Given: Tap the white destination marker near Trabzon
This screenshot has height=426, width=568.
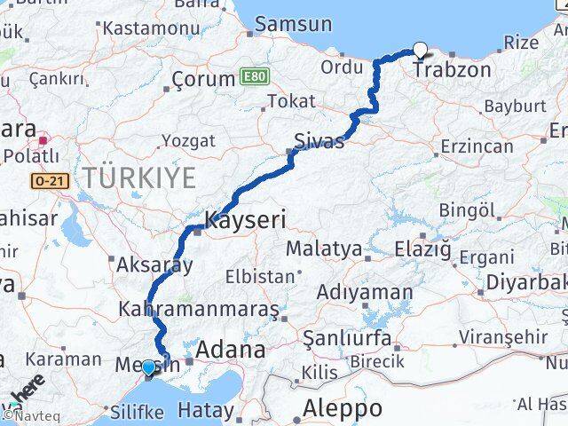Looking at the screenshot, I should click(420, 51).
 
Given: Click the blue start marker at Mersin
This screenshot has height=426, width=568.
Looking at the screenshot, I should click(147, 365).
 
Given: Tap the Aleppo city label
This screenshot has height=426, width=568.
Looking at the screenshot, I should click(342, 409).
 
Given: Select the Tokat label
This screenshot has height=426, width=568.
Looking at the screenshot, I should click(291, 102).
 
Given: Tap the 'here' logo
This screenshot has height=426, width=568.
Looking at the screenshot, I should click(28, 390).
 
